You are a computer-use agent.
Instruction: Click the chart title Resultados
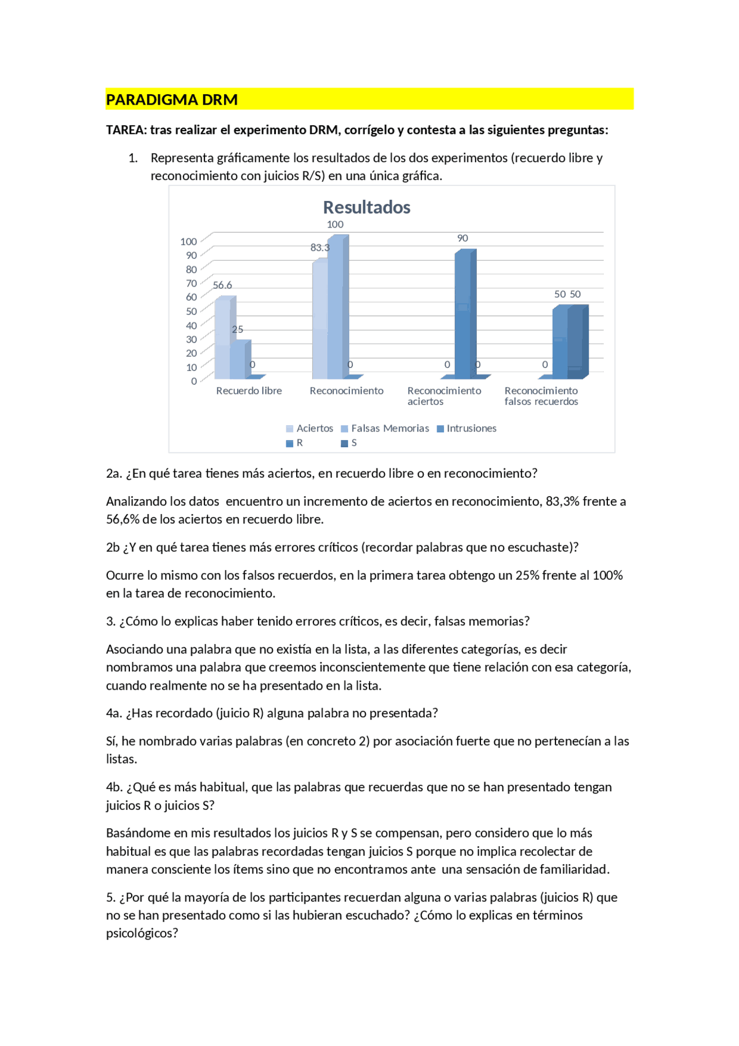[x=367, y=207]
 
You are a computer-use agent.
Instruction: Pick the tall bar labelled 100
[x=336, y=306]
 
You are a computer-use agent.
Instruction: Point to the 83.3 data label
[x=320, y=248]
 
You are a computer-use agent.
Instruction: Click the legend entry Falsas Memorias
[x=390, y=429]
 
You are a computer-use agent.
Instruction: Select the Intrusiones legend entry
[x=471, y=429]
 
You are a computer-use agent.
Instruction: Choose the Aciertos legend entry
[x=315, y=429]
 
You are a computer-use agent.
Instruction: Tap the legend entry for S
[x=353, y=443]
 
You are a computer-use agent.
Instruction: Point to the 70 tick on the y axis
[x=191, y=284]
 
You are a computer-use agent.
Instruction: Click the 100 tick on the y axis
[x=189, y=241]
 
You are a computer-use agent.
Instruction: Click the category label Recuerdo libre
[x=249, y=391]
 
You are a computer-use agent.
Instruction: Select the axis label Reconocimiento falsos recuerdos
[x=541, y=396]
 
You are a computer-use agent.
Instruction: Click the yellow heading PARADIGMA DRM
[x=172, y=100]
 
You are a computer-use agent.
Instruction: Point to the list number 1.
[x=133, y=158]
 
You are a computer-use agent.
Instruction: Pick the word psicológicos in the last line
[x=142, y=933]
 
